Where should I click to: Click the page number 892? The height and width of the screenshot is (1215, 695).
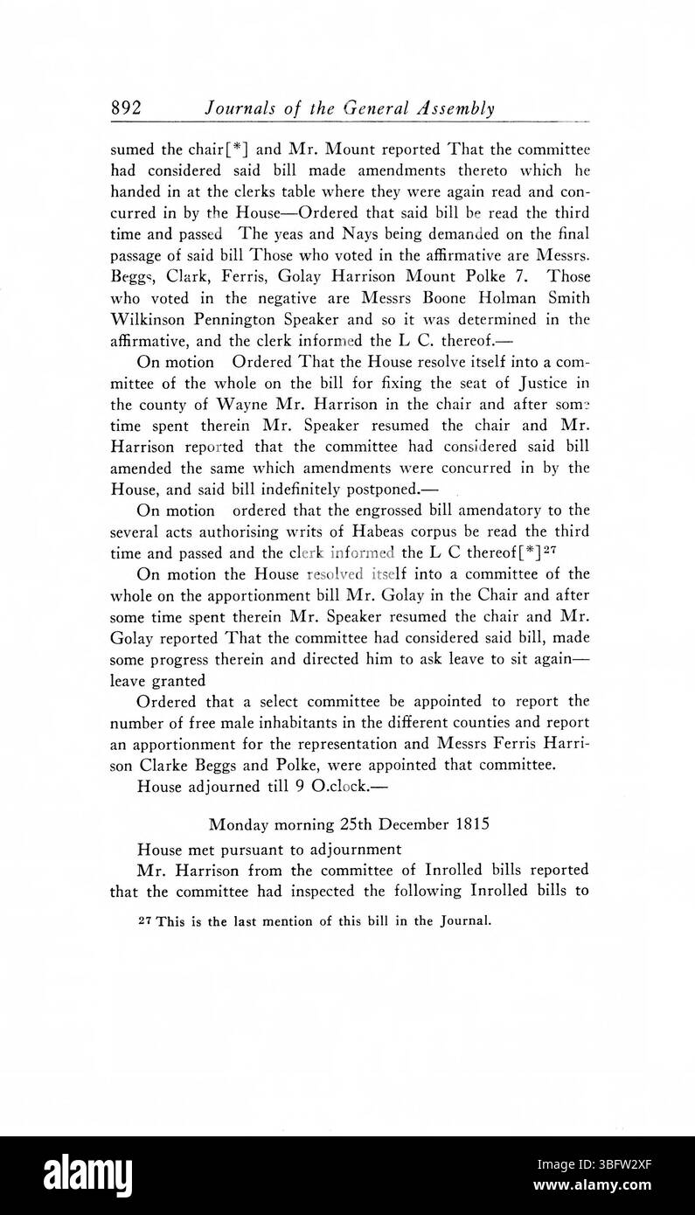pos(126,109)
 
